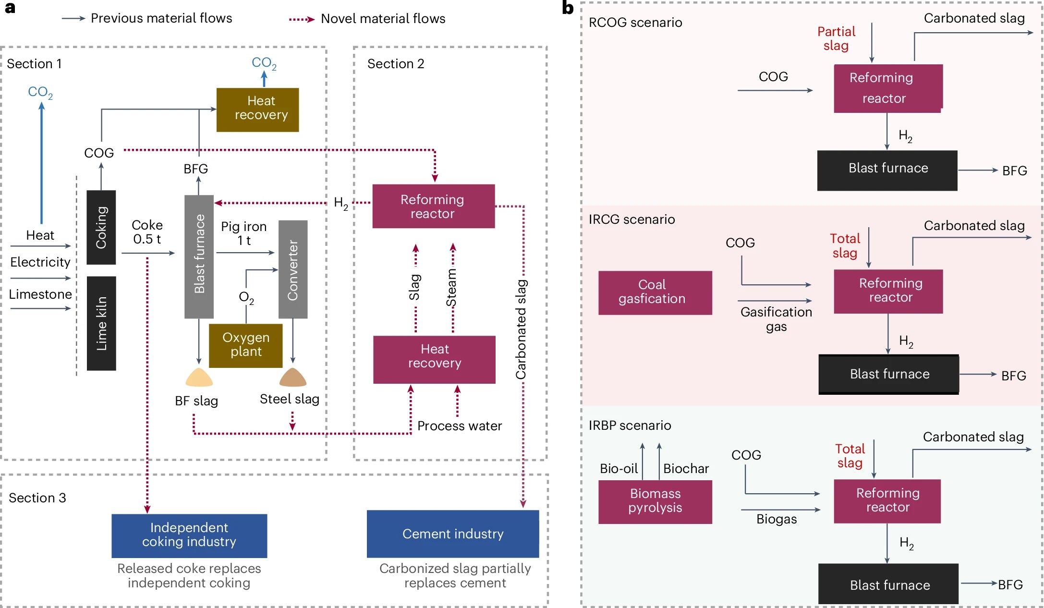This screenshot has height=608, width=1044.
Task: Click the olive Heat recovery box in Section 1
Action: click(257, 109)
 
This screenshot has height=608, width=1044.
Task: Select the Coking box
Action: click(101, 227)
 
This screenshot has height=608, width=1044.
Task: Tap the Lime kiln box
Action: click(101, 323)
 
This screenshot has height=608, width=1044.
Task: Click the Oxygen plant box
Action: click(245, 345)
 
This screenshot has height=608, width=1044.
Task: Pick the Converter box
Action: click(293, 269)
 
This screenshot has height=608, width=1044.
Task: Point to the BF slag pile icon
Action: click(199, 378)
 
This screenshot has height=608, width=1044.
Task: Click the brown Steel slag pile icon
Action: click(292, 378)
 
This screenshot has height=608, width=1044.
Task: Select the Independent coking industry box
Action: click(189, 535)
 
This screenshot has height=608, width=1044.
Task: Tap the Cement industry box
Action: click(452, 534)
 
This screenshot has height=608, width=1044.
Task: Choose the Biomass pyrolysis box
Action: click(655, 501)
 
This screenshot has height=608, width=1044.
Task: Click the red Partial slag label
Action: click(836, 39)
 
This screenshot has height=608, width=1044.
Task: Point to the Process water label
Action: click(459, 426)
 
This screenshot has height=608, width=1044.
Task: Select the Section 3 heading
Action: click(37, 498)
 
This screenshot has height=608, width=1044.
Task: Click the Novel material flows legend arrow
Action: click(302, 19)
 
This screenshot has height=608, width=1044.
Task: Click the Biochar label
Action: click(686, 469)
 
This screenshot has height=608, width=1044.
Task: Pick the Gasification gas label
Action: click(776, 319)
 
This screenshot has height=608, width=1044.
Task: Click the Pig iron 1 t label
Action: click(243, 233)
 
